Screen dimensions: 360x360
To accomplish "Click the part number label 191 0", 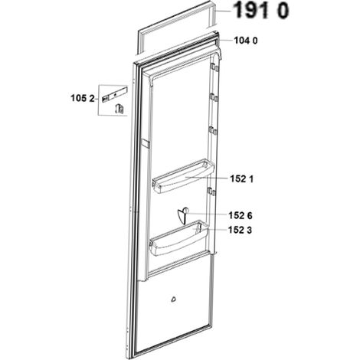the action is (x=262, y=11).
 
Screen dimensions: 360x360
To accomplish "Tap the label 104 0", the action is (x=246, y=41).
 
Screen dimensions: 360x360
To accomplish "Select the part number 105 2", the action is (x=83, y=98).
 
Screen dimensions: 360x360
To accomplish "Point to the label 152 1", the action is (x=242, y=179).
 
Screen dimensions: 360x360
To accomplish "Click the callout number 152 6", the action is (x=241, y=216).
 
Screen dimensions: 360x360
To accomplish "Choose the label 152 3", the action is (x=240, y=230).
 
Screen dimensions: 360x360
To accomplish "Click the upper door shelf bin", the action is (x=183, y=176).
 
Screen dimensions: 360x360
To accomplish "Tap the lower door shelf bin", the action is (x=178, y=238).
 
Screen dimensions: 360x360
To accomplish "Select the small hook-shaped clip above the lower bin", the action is (x=183, y=216).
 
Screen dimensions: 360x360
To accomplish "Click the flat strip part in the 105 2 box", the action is (x=115, y=94).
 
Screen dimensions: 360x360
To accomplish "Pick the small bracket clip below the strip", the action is (x=119, y=109).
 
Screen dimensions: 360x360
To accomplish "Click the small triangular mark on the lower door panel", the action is (x=174, y=299).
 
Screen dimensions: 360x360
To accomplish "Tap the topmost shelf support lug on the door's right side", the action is (x=214, y=67).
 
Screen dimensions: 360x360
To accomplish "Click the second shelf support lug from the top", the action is (x=214, y=97).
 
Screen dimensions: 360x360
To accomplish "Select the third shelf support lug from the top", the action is (x=213, y=131).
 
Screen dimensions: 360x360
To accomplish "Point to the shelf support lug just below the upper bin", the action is (x=211, y=191).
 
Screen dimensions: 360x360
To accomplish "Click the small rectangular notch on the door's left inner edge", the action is (x=146, y=143).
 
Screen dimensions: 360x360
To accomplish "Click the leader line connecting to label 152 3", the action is (x=217, y=230).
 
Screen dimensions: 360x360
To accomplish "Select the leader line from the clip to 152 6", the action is (x=208, y=214).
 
